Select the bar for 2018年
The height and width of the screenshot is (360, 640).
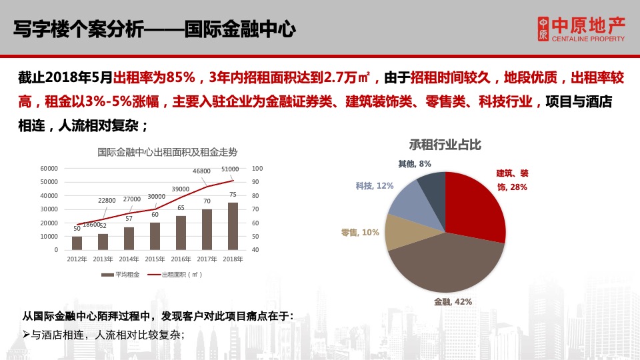click(233, 227)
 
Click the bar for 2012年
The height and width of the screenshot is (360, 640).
click(77, 243)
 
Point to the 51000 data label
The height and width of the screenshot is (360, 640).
click(230, 170)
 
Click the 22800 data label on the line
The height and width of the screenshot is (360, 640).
click(107, 200)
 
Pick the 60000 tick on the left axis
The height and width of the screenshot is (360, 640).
click(49, 168)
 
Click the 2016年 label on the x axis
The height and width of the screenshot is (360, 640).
click(181, 259)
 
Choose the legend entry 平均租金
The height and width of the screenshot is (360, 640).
click(120, 274)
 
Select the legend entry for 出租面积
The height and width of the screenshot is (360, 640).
click(175, 274)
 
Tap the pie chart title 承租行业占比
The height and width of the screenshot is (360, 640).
click(445, 145)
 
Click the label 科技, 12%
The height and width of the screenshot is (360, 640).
click(374, 186)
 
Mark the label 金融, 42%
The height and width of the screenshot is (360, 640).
click(453, 301)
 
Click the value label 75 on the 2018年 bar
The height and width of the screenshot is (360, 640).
click(233, 195)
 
